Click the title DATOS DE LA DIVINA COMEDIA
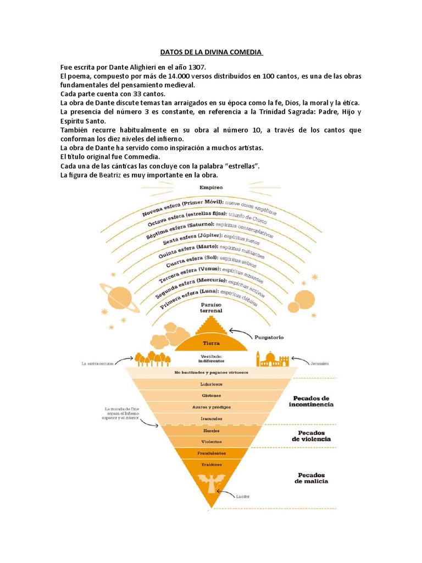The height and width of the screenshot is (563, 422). point(211,52)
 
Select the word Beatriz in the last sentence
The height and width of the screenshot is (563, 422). point(129,175)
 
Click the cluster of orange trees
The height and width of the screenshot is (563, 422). point(149,358)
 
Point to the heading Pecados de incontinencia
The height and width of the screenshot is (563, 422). point(312,400)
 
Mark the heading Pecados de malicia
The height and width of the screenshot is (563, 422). point(312,477)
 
